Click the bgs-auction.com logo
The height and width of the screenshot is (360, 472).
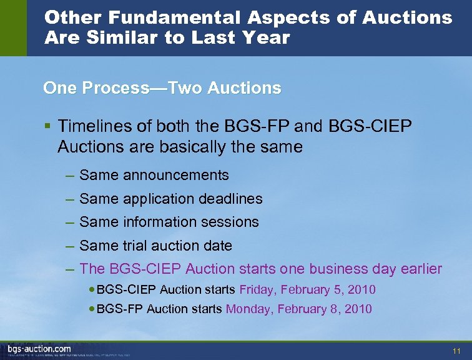[x=39, y=348]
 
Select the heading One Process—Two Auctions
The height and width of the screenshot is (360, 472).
[x=162, y=88]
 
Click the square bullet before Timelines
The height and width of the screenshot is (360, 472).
[x=47, y=126]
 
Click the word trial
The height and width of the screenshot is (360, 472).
[x=137, y=246]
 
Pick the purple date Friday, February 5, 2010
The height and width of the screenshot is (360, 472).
[x=307, y=290]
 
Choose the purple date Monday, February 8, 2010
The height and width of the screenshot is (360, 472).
[x=298, y=309]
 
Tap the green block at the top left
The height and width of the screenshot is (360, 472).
[x=13, y=27]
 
